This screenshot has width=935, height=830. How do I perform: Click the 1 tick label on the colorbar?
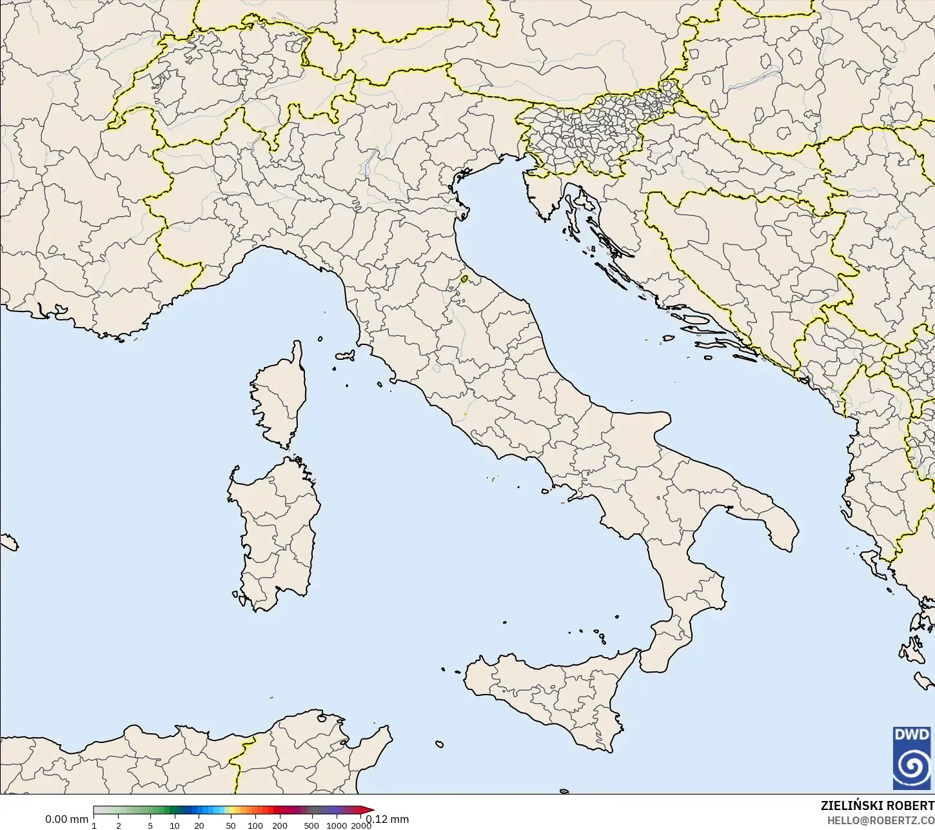(x=94, y=825)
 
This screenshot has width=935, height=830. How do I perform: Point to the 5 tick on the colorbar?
(x=150, y=825)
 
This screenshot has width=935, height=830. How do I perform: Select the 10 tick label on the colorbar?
(x=175, y=825)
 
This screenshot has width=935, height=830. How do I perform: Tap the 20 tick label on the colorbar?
(x=199, y=825)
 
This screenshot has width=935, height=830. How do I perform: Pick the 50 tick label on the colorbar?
(x=231, y=825)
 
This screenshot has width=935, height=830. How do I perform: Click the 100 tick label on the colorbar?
(x=255, y=825)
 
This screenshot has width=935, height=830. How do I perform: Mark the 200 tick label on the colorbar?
(x=280, y=825)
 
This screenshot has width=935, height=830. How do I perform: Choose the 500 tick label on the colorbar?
(x=311, y=825)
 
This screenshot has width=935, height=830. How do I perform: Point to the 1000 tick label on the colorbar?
(x=336, y=825)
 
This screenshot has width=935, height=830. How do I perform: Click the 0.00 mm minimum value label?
(x=66, y=820)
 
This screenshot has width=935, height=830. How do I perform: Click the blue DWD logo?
(x=911, y=758)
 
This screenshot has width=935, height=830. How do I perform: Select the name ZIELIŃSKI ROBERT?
(x=877, y=806)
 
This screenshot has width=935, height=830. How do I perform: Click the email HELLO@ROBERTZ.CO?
(x=881, y=820)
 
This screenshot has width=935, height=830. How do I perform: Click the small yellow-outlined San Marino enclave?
(x=464, y=279)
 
